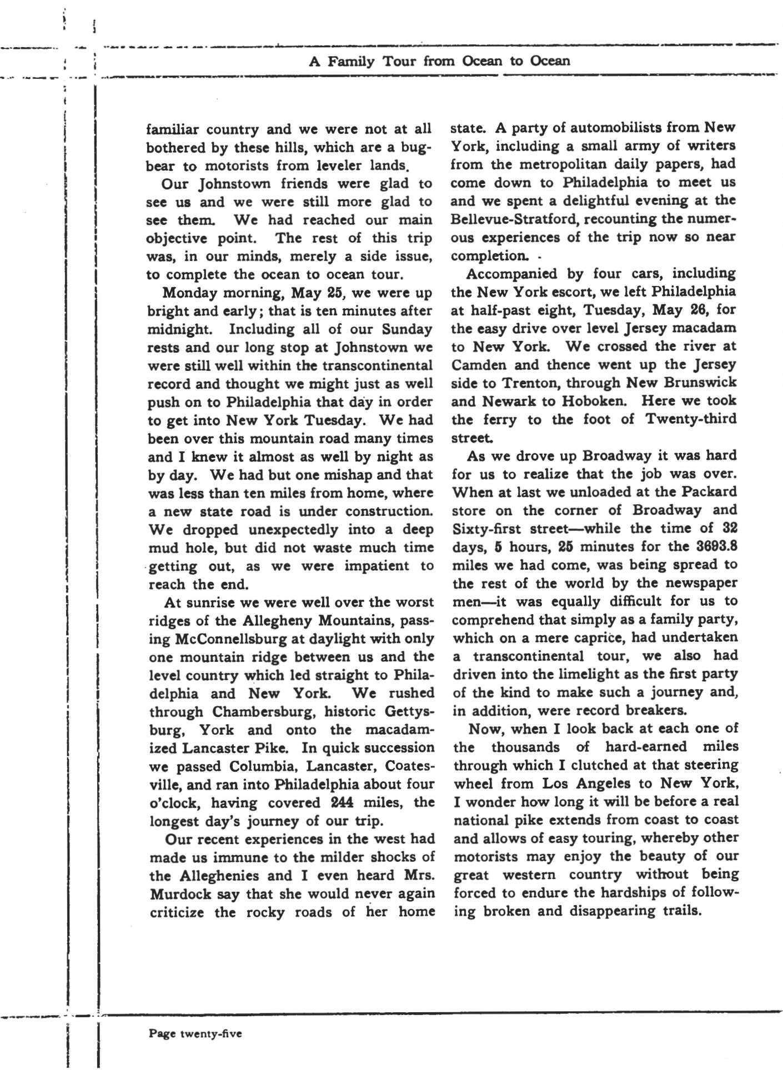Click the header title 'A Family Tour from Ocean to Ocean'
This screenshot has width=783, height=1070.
pos(439,61)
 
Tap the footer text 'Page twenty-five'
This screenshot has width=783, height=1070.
pos(195,1033)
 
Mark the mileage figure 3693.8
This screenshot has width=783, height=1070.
pos(717,546)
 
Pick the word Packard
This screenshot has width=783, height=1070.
pos(709,492)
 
